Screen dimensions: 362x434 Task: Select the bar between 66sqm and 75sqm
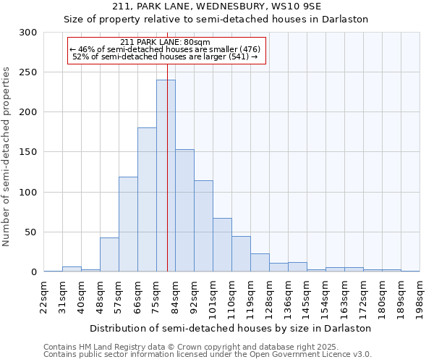[x=147, y=200]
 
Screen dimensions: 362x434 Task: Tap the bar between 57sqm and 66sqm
[x=128, y=224]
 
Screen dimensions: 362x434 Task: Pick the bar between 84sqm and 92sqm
[x=184, y=211]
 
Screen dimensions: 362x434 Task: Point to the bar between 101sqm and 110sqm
[x=222, y=245]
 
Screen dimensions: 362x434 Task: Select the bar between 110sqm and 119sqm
[x=241, y=254]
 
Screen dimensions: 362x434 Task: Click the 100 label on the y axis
[x=28, y=193]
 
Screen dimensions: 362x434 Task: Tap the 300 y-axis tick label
[x=28, y=33]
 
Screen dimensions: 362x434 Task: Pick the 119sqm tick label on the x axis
[x=251, y=295]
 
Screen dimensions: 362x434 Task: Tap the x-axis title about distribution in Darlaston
[x=231, y=328]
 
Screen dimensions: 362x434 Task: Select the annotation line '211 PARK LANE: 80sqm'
[x=166, y=42]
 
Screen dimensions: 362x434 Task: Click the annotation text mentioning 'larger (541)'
[x=166, y=56]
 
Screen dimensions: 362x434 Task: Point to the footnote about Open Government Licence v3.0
[x=208, y=355]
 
